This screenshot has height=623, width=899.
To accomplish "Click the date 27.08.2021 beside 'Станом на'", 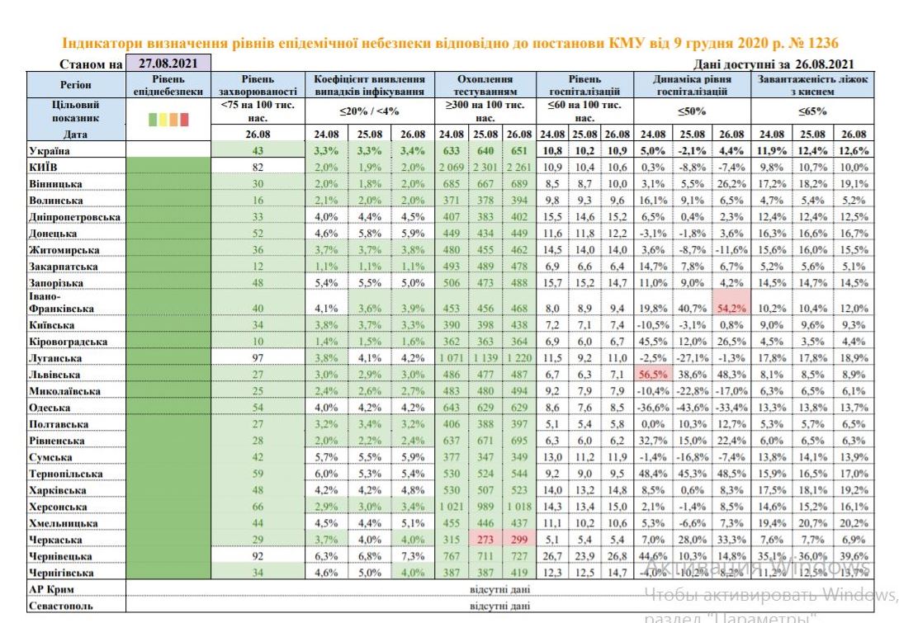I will point(168,63).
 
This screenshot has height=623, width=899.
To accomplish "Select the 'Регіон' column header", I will point(76,85).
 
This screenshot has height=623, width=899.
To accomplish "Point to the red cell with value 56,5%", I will point(653,374).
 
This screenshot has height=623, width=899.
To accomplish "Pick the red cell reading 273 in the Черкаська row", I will point(485,540).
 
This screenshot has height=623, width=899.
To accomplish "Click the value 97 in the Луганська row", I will point(258,357).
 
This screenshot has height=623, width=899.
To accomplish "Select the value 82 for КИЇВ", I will point(258,168).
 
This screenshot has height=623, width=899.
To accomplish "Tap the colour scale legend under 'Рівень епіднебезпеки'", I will point(168,119).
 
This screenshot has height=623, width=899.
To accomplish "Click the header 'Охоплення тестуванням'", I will point(485,85).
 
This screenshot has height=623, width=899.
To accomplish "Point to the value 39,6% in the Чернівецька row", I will point(854,556).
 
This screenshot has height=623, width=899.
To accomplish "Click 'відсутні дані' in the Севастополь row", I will point(499,606).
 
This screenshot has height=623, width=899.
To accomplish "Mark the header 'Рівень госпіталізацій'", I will point(584,85).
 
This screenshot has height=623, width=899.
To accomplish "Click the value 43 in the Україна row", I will point(258,151).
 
